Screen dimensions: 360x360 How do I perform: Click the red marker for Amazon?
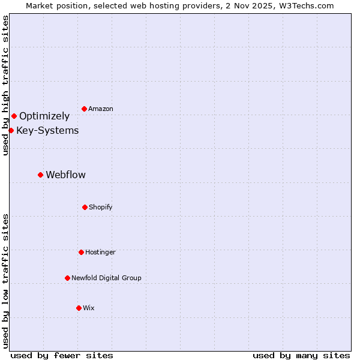[84, 109]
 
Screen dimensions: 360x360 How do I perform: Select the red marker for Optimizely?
[14, 116]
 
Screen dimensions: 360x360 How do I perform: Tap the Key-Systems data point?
[11, 130]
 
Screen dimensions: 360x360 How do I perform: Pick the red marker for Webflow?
[40, 175]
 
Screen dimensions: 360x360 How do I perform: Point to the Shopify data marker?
[85, 207]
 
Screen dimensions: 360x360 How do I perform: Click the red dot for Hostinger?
[81, 252]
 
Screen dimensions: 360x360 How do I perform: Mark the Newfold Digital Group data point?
[67, 278]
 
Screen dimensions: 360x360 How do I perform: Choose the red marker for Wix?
[79, 308]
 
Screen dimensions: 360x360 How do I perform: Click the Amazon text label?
[101, 109]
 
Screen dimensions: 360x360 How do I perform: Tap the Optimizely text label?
[44, 116]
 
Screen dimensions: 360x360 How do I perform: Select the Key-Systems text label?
[47, 130]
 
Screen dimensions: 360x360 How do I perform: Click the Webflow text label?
[65, 175]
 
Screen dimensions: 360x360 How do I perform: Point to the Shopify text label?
[101, 207]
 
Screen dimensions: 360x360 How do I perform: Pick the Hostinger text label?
[100, 252]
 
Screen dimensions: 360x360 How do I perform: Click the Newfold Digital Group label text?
[106, 278]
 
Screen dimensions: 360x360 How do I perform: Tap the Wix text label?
[89, 308]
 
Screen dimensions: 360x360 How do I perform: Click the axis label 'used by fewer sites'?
[62, 355]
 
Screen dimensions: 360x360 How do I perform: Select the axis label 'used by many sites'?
[301, 355]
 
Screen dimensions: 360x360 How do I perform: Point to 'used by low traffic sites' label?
[5, 281]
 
